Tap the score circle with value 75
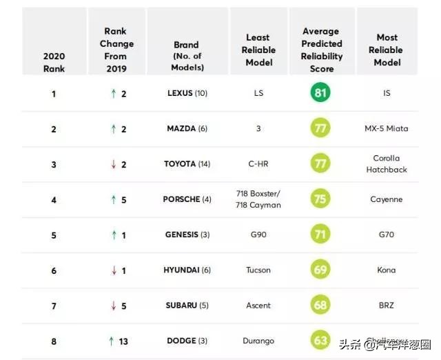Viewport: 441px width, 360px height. (320, 199)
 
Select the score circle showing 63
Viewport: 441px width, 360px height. (320, 341)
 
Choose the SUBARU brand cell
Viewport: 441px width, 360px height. (187, 306)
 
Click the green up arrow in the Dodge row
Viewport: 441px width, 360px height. (111, 341)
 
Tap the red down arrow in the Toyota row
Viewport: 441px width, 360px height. (114, 164)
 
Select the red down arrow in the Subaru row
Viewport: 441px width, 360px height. (114, 306)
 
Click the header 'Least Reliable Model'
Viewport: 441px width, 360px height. (258, 50)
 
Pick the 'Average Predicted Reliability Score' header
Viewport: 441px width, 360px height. (321, 50)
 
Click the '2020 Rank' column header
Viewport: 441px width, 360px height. (54, 61)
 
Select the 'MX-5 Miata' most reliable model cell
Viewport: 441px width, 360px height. (387, 129)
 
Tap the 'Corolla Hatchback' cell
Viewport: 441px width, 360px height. (387, 164)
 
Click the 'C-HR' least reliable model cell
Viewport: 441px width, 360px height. (258, 164)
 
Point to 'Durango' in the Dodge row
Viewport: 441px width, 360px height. (258, 341)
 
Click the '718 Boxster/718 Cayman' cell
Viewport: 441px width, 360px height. (258, 199)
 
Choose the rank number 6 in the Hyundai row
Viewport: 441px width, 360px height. (54, 270)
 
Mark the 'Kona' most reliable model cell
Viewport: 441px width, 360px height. (387, 270)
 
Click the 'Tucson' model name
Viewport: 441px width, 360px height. (258, 270)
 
